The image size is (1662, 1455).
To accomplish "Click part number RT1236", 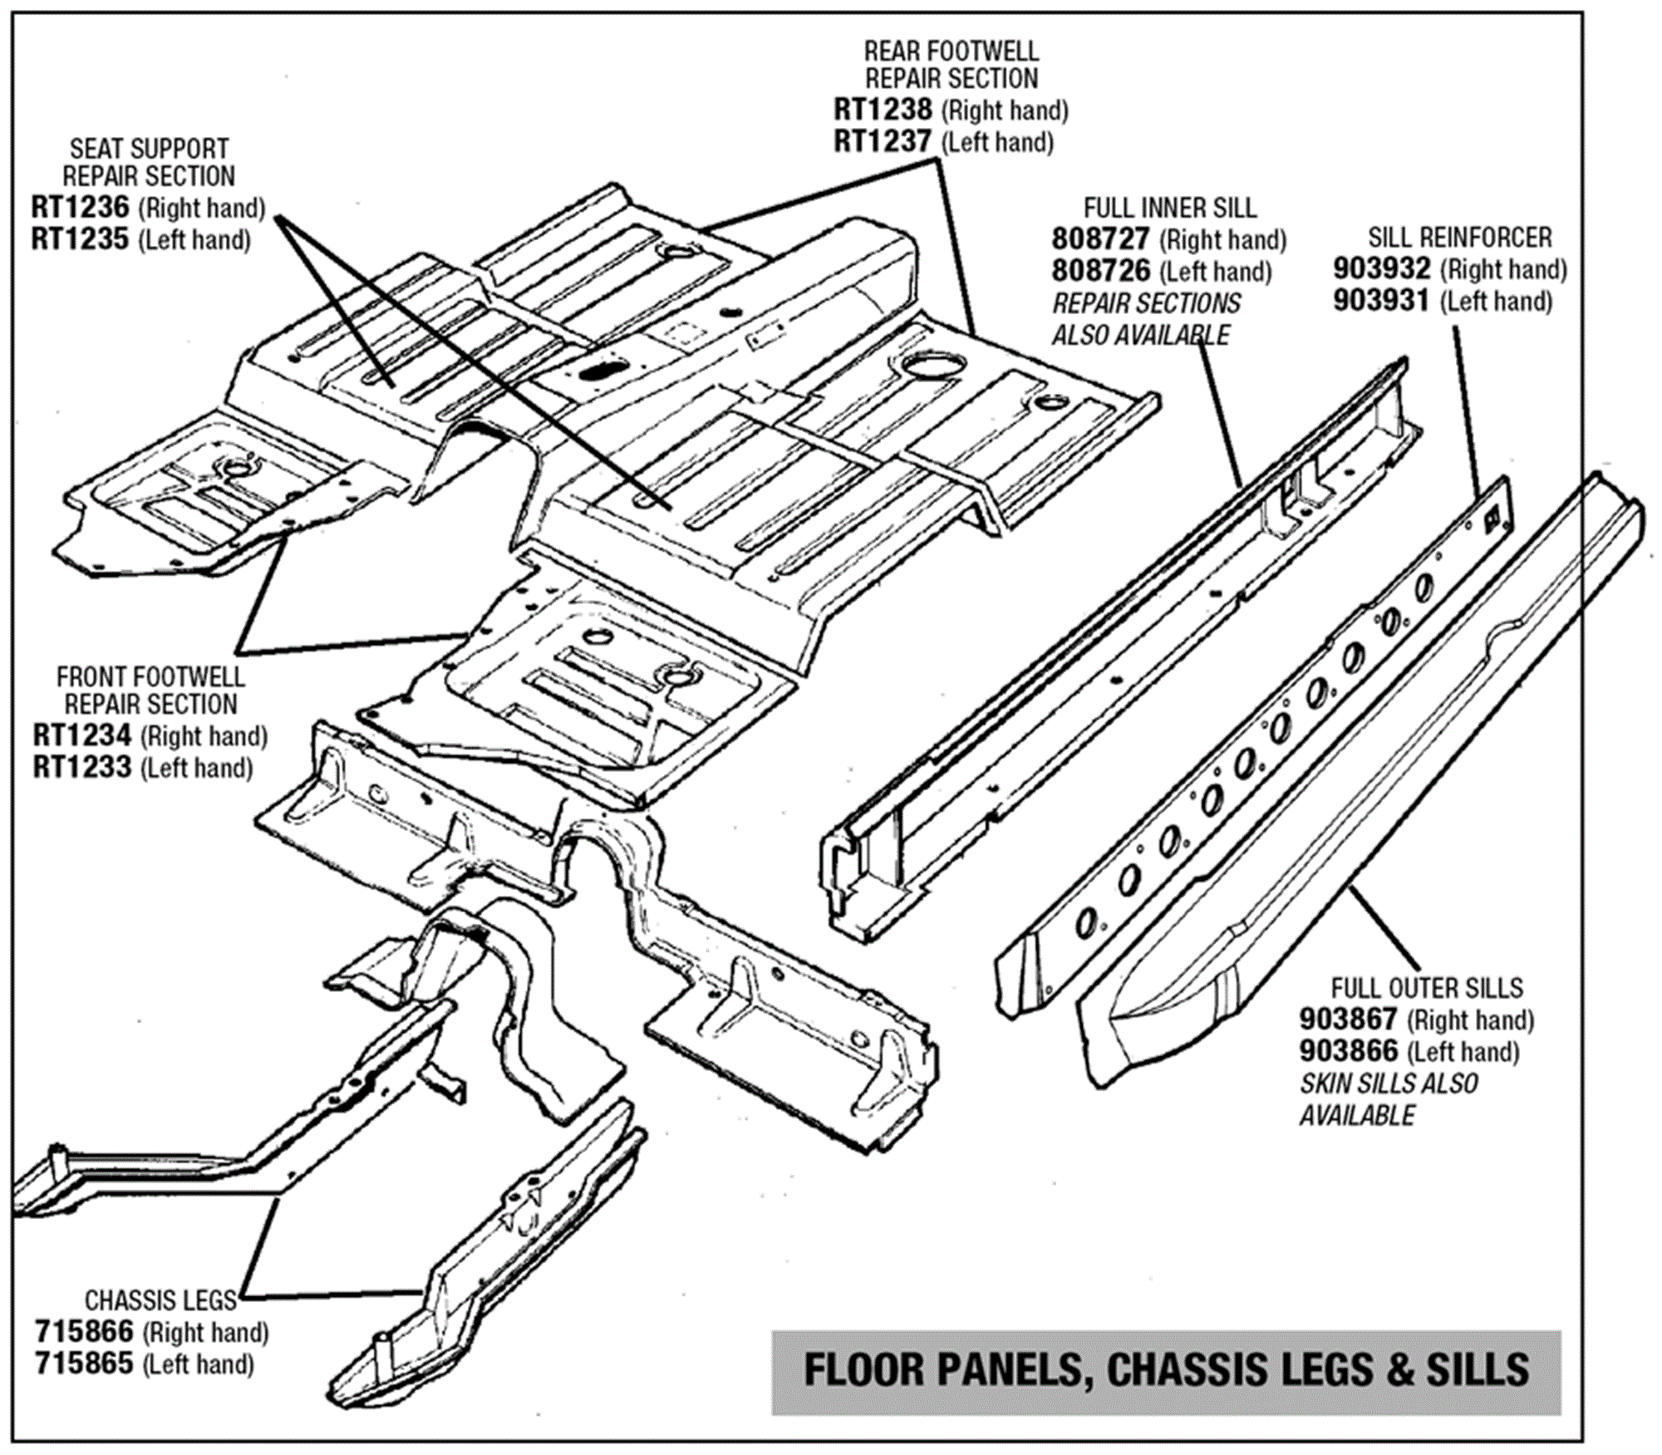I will (x=80, y=207).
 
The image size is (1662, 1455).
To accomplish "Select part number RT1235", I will (x=80, y=239).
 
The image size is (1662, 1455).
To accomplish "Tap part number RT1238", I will (x=883, y=110).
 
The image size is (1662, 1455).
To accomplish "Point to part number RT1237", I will (x=883, y=142).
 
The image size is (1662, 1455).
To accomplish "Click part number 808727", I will (x=1100, y=239).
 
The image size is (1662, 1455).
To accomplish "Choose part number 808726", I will (x=1100, y=271).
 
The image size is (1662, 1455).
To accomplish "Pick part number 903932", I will (x=1382, y=269).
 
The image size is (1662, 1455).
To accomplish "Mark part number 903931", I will (x=1382, y=301).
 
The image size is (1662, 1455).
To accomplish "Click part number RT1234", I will (x=81, y=735).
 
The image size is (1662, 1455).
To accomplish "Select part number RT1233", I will (x=81, y=767).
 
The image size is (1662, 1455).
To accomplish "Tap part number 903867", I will (x=1348, y=1019).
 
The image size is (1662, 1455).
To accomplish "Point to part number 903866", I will (x=1348, y=1051).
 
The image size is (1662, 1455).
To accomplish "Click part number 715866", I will (x=84, y=1332).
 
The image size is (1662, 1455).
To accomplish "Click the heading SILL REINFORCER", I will (x=1460, y=238).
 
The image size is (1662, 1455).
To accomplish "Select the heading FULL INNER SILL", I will (x=1170, y=208).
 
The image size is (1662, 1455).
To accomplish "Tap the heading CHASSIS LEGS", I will (x=160, y=1300).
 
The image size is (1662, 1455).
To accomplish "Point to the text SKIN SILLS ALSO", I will (x=1389, y=1084).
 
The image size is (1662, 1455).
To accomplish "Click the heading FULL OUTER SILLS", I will (x=1427, y=988).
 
